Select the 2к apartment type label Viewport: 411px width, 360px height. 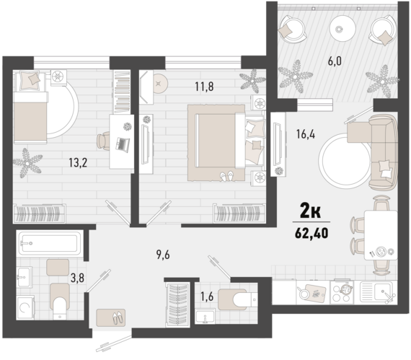(x=311, y=211)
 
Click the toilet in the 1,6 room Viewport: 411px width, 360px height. (x=236, y=297)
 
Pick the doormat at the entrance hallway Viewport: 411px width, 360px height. (x=110, y=317)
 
